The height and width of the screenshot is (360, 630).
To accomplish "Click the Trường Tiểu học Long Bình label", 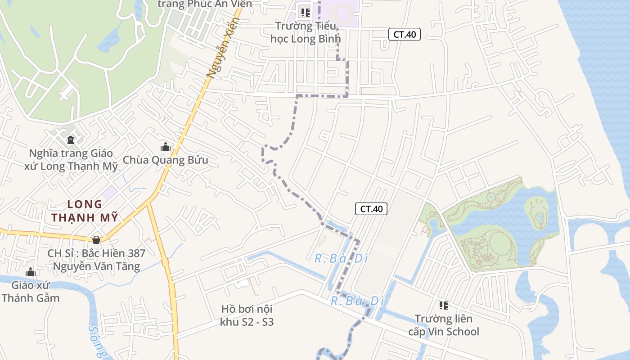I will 303,32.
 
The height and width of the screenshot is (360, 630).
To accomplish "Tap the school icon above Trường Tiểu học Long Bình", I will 306,12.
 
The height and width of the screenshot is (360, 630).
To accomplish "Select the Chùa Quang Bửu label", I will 165,160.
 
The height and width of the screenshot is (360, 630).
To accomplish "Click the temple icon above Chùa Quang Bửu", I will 166,147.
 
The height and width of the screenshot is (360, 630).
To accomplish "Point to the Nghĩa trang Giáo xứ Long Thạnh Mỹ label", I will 71,160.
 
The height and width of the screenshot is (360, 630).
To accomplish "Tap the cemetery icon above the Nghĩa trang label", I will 70,139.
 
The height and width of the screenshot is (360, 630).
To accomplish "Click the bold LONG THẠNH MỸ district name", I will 85,211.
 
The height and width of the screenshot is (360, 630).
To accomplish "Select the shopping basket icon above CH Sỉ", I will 96,240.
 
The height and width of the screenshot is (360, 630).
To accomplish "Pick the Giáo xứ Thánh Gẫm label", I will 31,291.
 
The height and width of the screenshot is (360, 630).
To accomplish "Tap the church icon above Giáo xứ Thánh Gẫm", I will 31,272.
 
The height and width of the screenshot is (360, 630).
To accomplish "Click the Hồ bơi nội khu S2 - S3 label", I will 247,315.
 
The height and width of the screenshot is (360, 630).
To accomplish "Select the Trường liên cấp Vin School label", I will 444,325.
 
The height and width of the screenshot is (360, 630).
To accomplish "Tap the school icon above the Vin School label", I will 444,306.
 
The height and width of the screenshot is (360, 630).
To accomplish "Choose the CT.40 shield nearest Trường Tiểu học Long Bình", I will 405,34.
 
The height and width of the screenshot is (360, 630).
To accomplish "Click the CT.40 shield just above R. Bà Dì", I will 371,209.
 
